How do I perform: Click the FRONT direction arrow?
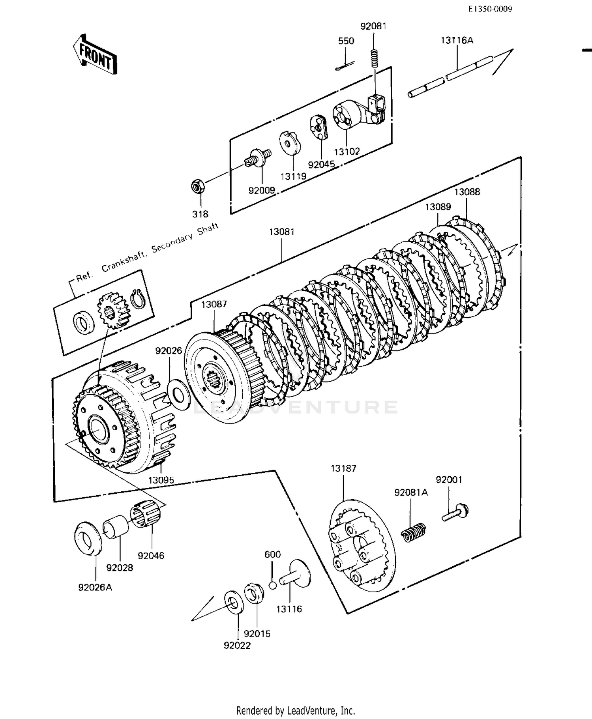(x=95, y=55)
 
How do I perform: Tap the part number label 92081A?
(x=411, y=492)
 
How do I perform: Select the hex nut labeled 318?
(x=197, y=186)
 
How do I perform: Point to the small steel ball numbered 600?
(x=273, y=585)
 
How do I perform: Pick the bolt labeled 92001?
(x=455, y=512)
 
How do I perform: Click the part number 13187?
(x=343, y=468)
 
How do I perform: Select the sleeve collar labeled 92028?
(x=116, y=528)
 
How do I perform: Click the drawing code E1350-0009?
(x=490, y=9)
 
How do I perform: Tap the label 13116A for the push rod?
(x=457, y=40)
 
